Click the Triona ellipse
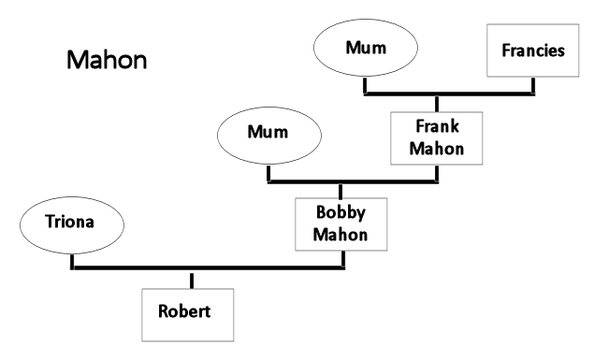tap(71, 223)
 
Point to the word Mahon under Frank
tap(437, 148)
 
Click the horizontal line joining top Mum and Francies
tap(449, 94)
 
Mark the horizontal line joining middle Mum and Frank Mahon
tap(353, 181)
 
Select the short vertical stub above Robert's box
tap(192, 280)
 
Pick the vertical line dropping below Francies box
tap(532, 86)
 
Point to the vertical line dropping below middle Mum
tap(269, 172)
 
